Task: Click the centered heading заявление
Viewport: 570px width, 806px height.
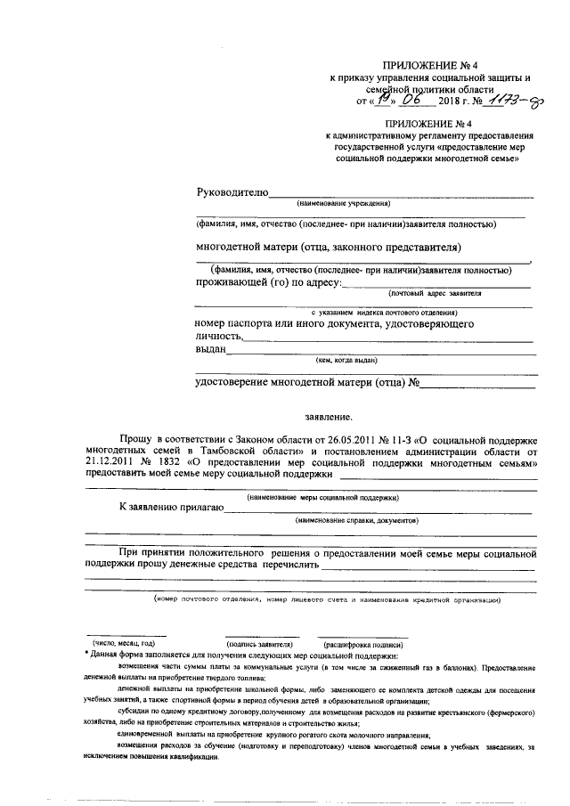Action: coord(330,416)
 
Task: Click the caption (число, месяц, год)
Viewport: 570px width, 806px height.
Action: coord(124,642)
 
